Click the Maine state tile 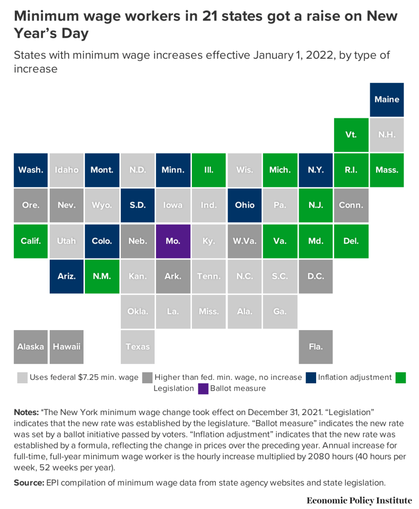coord(387,99)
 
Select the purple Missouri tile coord(173,241)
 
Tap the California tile coord(30,241)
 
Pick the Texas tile coord(138,346)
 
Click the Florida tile coord(316,346)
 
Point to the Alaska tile coord(30,346)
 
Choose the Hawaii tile coord(67,346)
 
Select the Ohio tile coord(245,205)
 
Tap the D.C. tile coord(316,276)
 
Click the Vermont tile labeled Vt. coord(351,135)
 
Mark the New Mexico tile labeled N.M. coord(102,276)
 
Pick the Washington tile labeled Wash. coord(30,170)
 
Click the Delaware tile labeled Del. coord(351,241)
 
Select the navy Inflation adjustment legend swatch coord(311,377)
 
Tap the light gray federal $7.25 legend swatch coord(22,377)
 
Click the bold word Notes coord(26,413)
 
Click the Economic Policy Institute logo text coord(359,500)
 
